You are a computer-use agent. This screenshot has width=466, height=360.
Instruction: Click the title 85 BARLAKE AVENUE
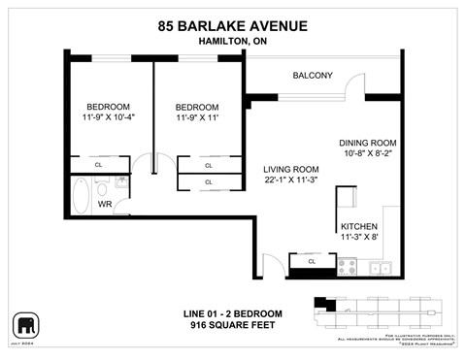[x=232, y=27]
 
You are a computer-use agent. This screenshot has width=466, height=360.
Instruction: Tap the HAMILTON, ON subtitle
[x=232, y=43]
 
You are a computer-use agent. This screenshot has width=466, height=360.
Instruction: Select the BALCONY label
[x=313, y=76]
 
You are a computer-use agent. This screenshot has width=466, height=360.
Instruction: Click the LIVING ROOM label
[x=291, y=168]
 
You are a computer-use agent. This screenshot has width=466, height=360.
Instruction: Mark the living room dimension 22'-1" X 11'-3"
[x=291, y=180]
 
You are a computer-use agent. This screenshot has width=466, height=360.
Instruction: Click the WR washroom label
[x=105, y=205]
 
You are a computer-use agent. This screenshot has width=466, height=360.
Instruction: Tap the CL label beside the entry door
[x=311, y=261]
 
